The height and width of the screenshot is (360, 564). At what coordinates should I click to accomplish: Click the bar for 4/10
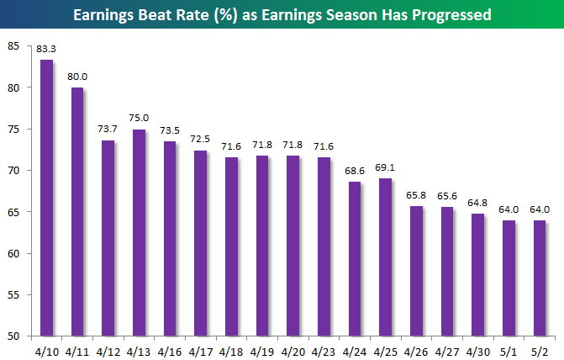47,198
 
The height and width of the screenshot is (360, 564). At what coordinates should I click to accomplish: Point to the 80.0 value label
78,77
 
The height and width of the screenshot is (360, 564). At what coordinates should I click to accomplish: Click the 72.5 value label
199,140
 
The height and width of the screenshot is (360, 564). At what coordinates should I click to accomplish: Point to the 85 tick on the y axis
13,45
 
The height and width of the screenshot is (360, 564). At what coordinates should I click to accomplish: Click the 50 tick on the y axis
13,336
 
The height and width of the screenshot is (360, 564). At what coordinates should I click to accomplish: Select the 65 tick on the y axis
13,212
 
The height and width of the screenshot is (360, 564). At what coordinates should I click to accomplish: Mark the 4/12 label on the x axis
108,347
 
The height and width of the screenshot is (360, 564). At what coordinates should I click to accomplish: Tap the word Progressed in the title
449,15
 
